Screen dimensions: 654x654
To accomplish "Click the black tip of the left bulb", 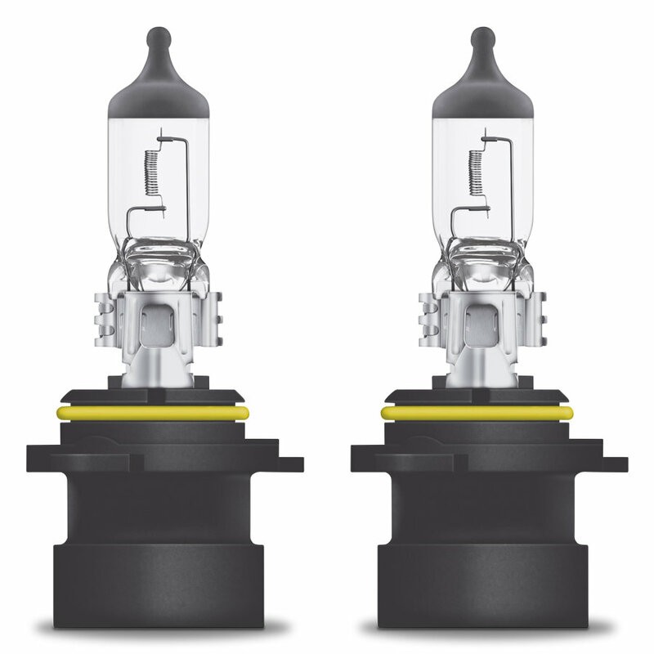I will (159, 39).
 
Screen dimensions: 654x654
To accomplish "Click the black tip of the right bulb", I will (483, 39).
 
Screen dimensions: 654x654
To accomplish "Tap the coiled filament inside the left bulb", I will (149, 172).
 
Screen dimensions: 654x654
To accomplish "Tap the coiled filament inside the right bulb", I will (473, 172).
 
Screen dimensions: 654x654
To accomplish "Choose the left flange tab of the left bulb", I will (41, 458).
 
